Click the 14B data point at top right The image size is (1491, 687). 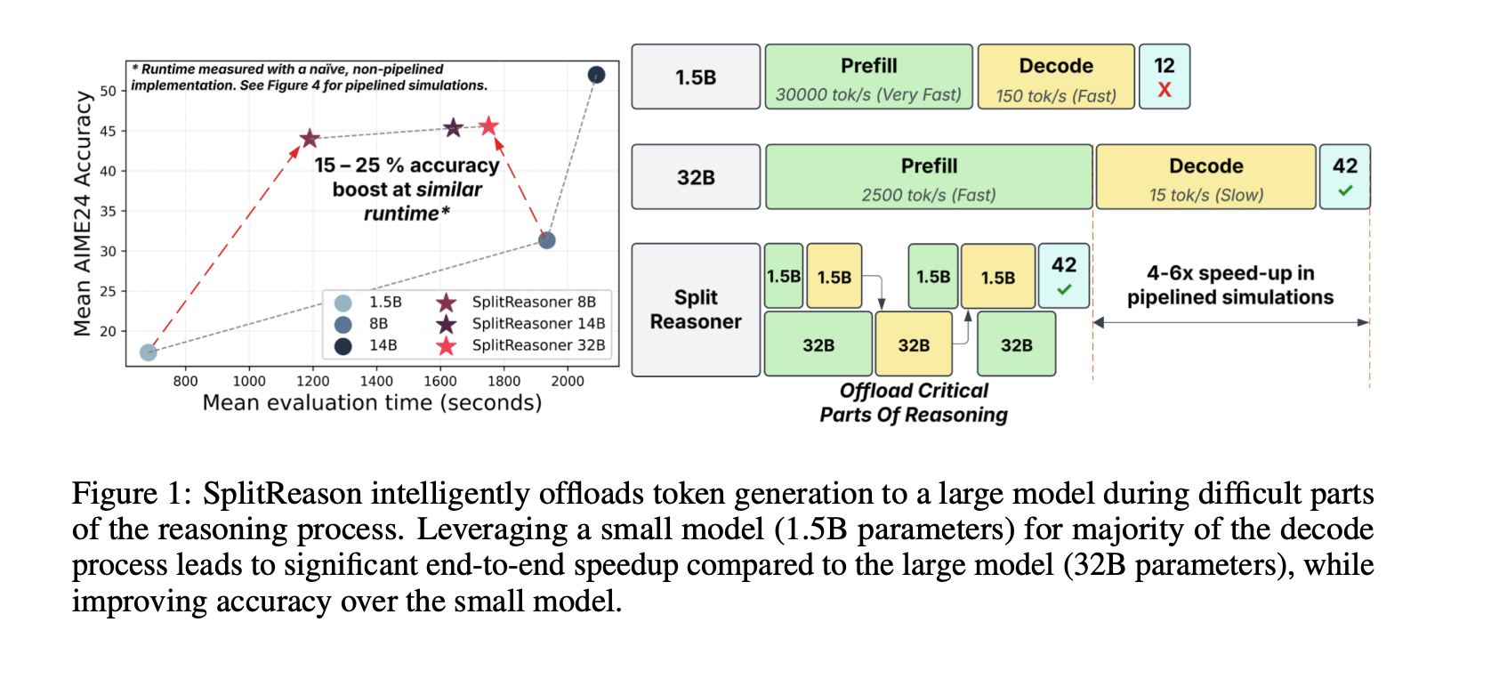(596, 75)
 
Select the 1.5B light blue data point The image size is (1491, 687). (149, 352)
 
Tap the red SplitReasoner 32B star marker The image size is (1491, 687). (488, 126)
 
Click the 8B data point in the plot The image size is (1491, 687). (547, 240)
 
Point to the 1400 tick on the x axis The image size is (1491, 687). (376, 381)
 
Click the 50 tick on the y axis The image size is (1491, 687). (109, 91)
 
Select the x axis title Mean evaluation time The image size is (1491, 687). (372, 403)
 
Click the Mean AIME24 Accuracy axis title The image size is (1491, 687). (83, 214)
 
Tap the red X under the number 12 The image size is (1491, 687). (1164, 90)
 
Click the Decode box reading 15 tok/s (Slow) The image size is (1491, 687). (1205, 177)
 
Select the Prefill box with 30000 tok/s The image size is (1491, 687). (868, 77)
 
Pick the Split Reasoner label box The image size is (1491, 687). (696, 310)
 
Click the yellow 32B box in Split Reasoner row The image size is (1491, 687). (914, 344)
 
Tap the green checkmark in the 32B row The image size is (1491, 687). (1344, 190)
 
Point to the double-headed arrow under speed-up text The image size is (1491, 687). (1230, 322)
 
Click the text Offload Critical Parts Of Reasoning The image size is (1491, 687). (914, 403)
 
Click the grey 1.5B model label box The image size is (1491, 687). (696, 77)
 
